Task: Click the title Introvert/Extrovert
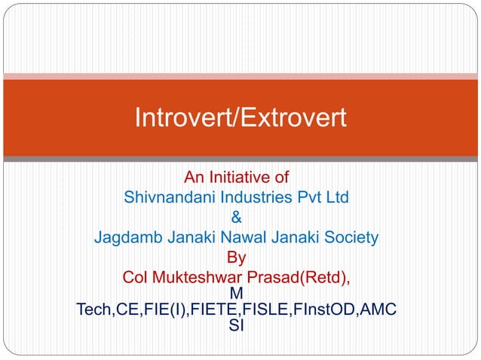coord(240,118)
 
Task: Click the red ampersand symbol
coord(237,218)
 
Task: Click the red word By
coord(236,258)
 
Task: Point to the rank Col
coord(136,278)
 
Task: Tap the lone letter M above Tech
coord(236,292)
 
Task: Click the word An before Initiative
coord(195,178)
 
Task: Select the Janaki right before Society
coord(286,239)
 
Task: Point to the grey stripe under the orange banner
coord(240,159)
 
